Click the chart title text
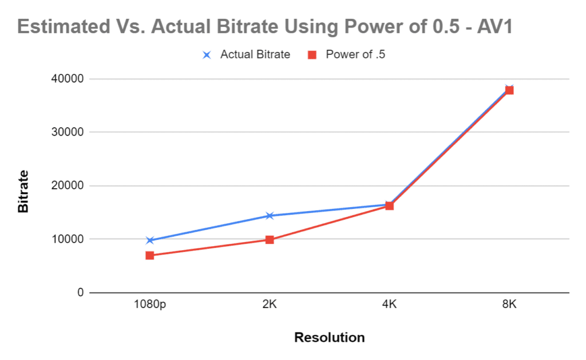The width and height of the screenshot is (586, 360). (265, 26)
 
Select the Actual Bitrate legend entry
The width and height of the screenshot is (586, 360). (246, 54)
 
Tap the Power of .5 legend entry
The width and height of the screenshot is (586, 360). (346, 54)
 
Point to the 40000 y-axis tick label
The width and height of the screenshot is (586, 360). (68, 79)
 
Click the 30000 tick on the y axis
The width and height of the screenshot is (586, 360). (68, 132)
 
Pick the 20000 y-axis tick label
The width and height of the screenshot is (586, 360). (68, 185)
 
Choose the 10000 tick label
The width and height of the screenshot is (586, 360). (68, 239)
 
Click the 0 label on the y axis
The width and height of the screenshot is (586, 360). (80, 292)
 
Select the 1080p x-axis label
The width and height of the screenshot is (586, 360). (150, 304)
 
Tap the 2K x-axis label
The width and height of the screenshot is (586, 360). (270, 304)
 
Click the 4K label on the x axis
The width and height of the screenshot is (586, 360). (389, 304)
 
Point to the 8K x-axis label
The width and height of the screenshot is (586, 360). (509, 304)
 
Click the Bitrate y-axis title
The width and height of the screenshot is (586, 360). (23, 191)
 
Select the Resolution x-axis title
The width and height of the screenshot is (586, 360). (329, 338)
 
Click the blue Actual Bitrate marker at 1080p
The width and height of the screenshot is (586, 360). (150, 240)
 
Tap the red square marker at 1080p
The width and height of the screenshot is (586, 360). (150, 256)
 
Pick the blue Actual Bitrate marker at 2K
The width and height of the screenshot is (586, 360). (270, 216)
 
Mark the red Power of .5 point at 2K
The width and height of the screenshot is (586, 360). (270, 240)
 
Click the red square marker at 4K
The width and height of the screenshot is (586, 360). (389, 206)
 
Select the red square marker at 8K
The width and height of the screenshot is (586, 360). (509, 90)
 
